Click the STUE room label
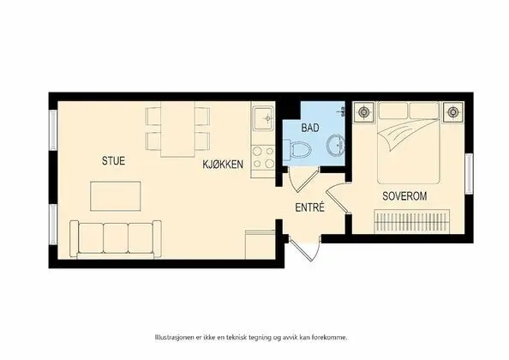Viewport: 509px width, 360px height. pyautogui.click(x=113, y=160)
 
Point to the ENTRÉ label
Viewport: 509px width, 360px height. pyautogui.click(x=309, y=207)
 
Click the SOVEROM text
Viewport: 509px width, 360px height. pyautogui.click(x=404, y=196)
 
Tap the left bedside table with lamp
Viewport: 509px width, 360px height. pyautogui.click(x=366, y=111)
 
